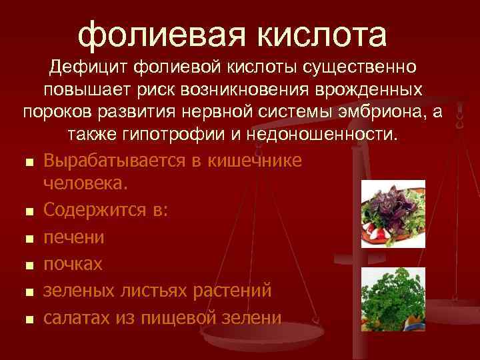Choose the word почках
coord(73,264)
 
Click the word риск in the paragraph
coord(175,89)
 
